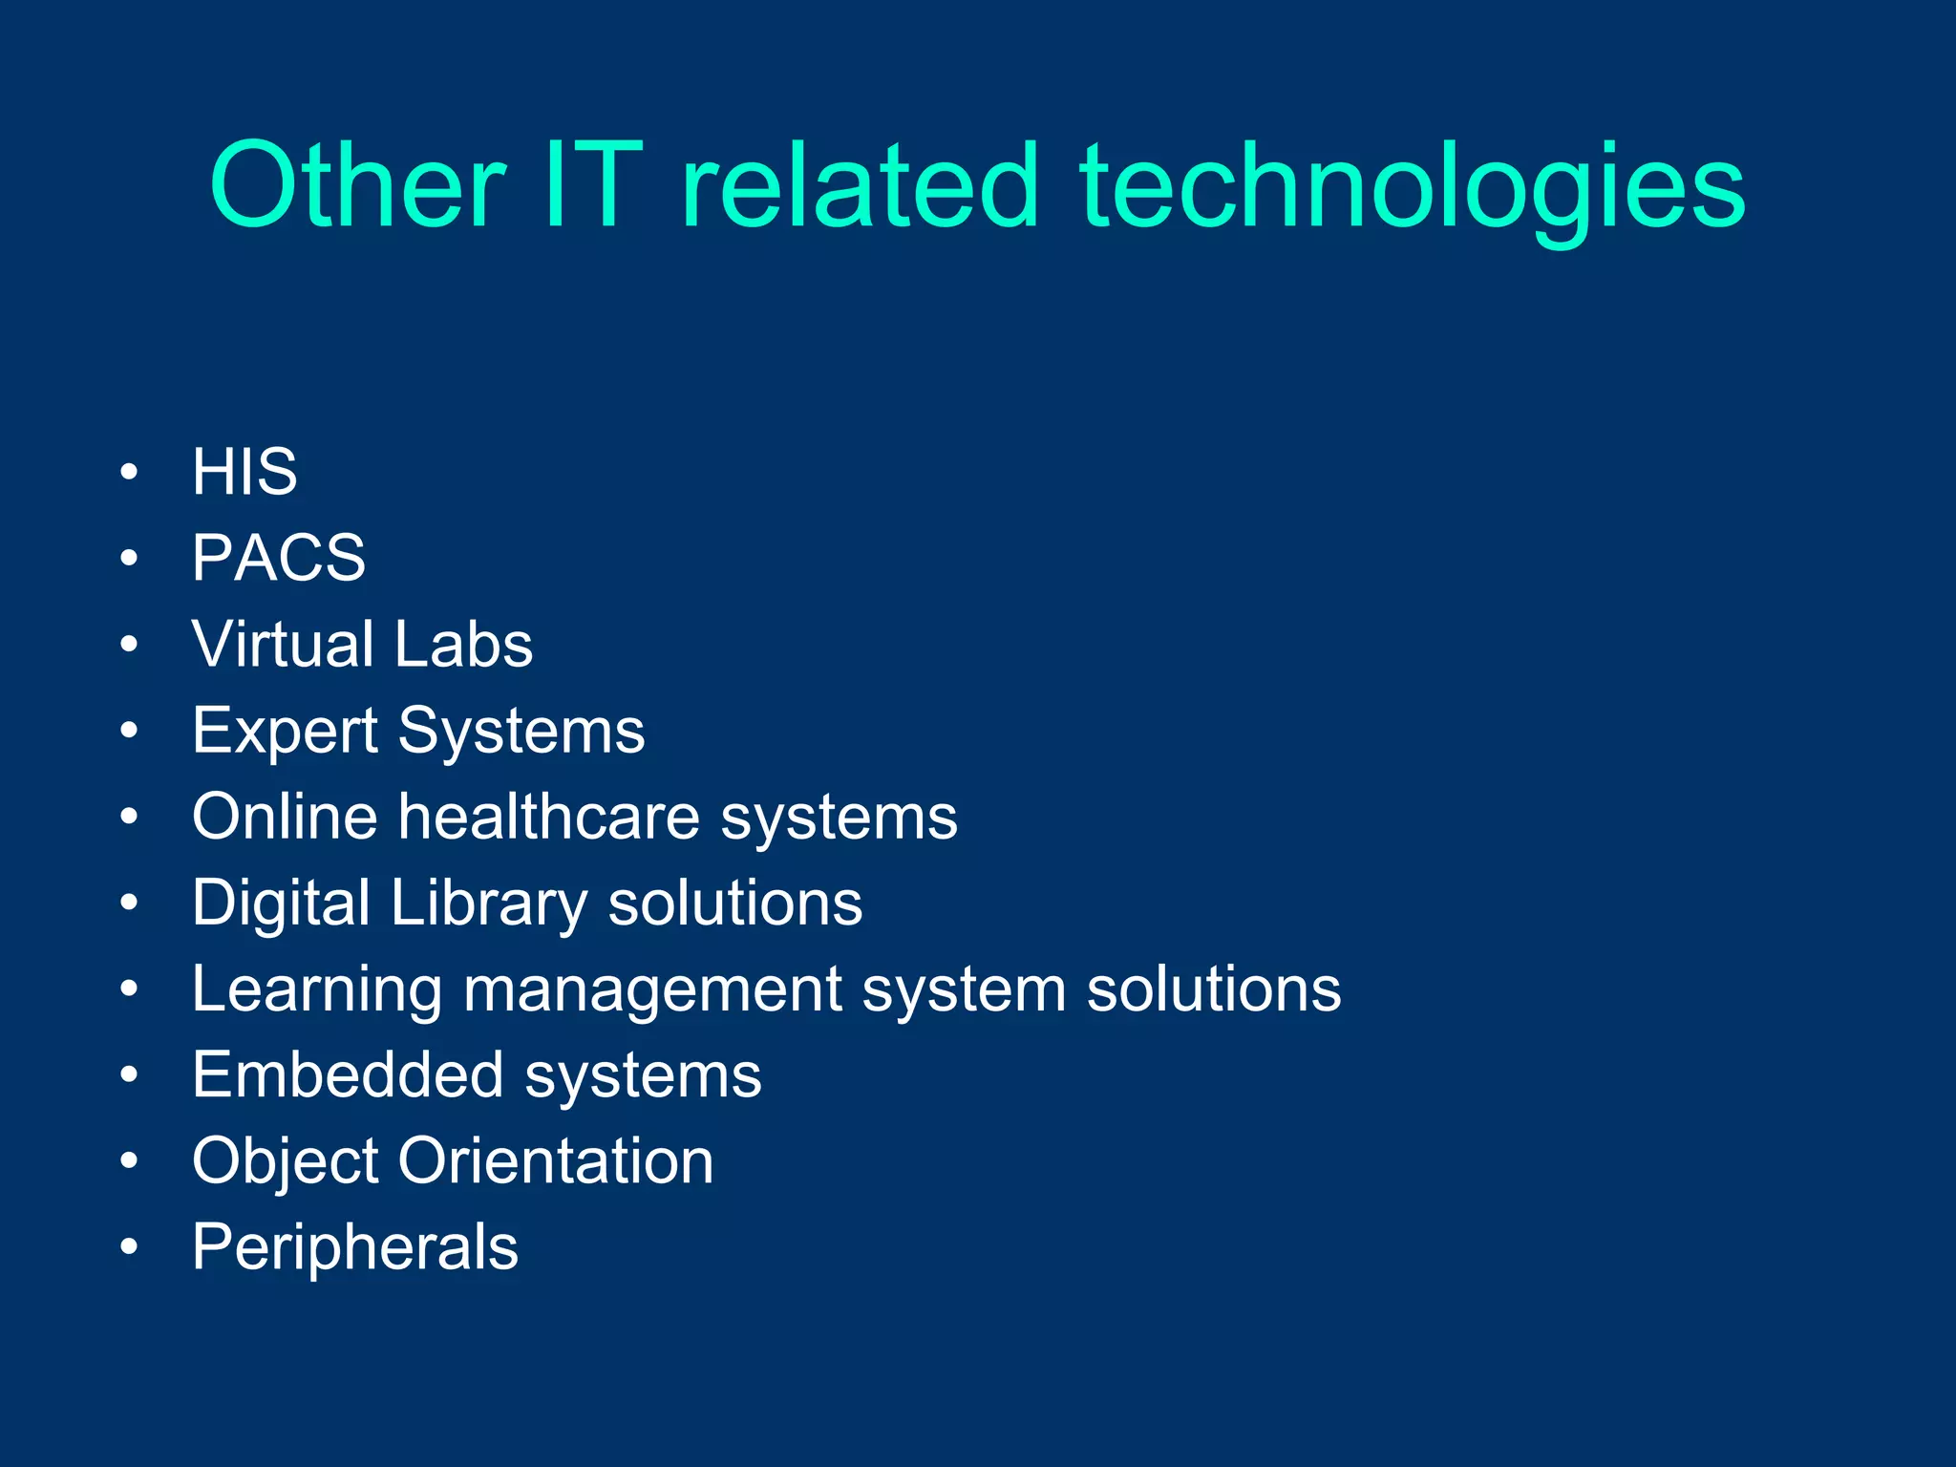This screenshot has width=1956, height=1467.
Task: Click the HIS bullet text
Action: pyautogui.click(x=244, y=472)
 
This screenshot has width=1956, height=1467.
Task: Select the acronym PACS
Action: pyautogui.click(x=279, y=558)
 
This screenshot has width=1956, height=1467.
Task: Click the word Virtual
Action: pyautogui.click(x=283, y=644)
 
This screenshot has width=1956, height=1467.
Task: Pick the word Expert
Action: pyautogui.click(x=285, y=732)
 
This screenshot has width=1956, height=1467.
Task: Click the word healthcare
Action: pyautogui.click(x=549, y=817)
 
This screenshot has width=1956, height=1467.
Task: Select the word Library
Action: pyautogui.click(x=489, y=904)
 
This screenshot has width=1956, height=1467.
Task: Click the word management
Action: pyautogui.click(x=652, y=990)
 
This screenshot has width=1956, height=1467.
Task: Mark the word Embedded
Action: pyautogui.click(x=348, y=1075)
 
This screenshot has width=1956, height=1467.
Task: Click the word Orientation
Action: pyautogui.click(x=556, y=1161)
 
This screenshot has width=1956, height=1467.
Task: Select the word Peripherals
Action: pyautogui.click(x=355, y=1248)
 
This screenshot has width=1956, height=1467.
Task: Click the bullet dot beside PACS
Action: pyautogui.click(x=130, y=558)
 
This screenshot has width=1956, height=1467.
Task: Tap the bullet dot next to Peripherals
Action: pyautogui.click(x=130, y=1246)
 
